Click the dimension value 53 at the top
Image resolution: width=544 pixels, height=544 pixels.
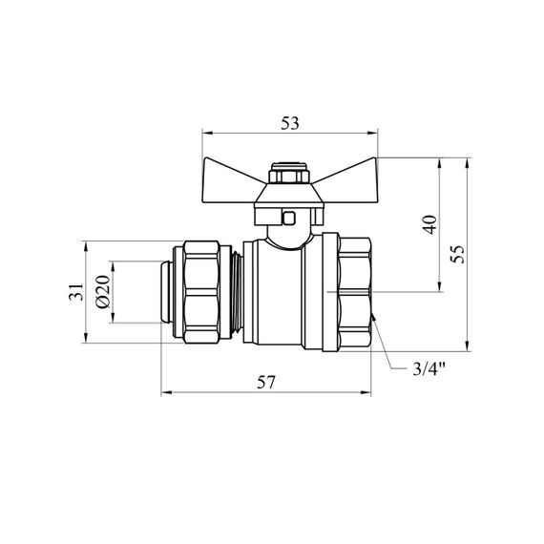click(290, 123)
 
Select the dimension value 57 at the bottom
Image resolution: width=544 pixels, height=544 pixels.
click(265, 383)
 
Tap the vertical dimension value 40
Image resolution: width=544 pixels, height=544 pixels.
click(430, 224)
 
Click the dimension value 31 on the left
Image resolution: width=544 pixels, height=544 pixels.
click(76, 291)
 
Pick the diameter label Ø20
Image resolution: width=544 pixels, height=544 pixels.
click(103, 291)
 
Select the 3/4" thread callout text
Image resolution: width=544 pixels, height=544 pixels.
click(429, 369)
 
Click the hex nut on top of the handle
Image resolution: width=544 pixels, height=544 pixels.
click(289, 173)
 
